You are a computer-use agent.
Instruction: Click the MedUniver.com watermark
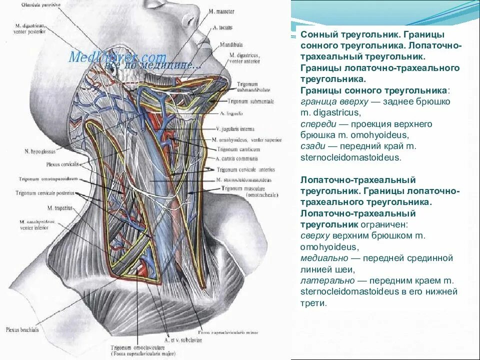tap(117, 56)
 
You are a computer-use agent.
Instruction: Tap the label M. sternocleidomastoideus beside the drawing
tap(244, 179)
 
